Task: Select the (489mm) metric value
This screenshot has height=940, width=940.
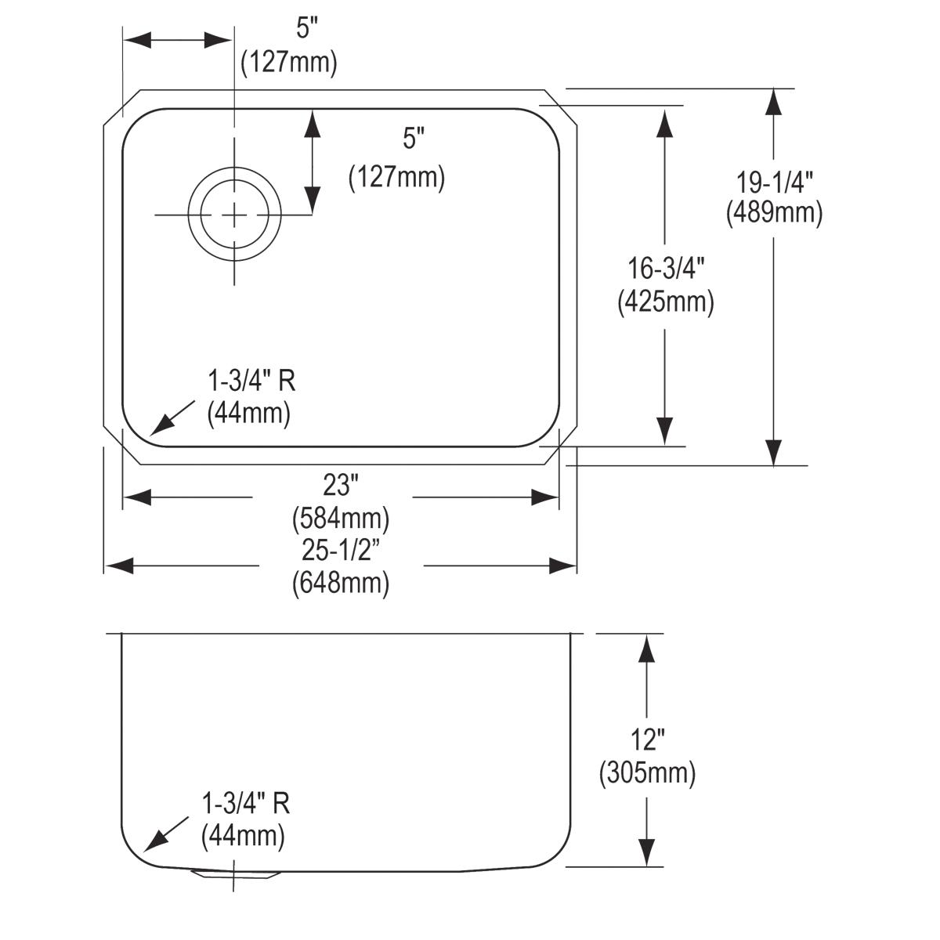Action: (774, 213)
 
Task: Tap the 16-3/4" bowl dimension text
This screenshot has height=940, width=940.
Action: (665, 270)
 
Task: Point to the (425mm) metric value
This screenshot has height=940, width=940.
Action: (665, 302)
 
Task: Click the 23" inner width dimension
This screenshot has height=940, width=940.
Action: (340, 486)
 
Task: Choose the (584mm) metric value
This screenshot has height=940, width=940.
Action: (340, 518)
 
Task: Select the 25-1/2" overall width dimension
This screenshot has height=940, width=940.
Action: (340, 551)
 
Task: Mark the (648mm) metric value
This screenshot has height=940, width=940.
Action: (340, 584)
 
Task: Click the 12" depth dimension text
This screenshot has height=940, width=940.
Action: (647, 739)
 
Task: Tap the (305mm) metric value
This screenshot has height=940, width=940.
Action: (647, 773)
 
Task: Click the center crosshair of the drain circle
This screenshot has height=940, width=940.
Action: (233, 214)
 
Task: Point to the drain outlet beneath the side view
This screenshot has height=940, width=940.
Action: (233, 874)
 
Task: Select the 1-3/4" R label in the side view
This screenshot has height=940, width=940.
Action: (246, 804)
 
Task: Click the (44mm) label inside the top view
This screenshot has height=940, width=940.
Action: (248, 414)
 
